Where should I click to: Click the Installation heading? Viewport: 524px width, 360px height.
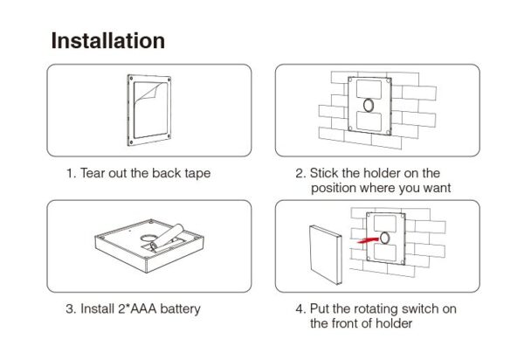coord(107,41)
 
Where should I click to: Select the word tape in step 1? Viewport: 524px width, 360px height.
coord(196,173)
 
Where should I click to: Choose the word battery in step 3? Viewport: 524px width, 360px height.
coord(180,308)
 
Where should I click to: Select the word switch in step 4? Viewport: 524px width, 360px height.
coord(413,308)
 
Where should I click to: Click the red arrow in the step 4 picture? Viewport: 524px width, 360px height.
coord(372,236)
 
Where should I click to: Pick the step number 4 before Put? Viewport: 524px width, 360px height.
coord(299,308)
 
